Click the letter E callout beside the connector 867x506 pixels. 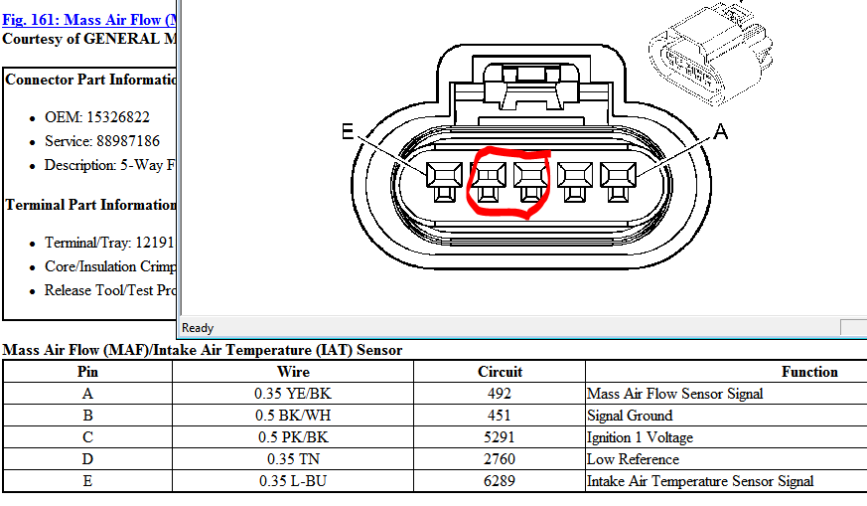pyautogui.click(x=348, y=131)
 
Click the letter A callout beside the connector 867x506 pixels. pyautogui.click(x=720, y=132)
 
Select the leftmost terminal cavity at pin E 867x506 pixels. pyautogui.click(x=444, y=182)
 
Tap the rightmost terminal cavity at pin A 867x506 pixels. pyautogui.click(x=618, y=182)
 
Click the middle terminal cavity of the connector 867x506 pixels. pyautogui.click(x=531, y=182)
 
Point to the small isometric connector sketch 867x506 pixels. pyautogui.click(x=711, y=54)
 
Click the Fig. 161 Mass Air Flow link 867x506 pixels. pyautogui.click(x=89, y=20)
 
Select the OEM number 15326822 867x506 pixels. pyautogui.click(x=118, y=117)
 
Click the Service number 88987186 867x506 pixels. pyautogui.click(x=128, y=141)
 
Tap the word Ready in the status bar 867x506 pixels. pyautogui.click(x=198, y=328)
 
